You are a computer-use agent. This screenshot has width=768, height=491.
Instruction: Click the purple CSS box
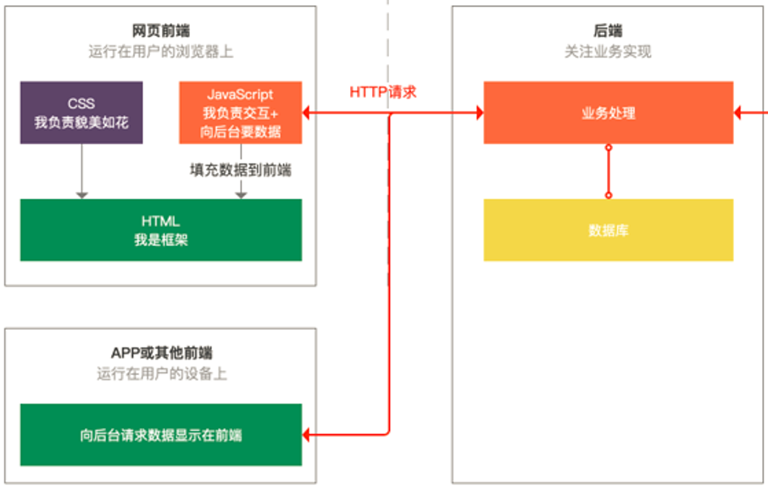(x=81, y=112)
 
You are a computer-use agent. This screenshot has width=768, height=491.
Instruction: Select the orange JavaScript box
(x=241, y=112)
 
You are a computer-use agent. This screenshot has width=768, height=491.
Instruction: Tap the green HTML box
(x=161, y=230)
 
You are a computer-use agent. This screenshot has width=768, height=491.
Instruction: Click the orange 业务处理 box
(x=608, y=113)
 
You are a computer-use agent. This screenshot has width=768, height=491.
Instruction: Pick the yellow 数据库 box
(x=608, y=230)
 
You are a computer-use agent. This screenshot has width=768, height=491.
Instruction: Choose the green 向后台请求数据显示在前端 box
(x=161, y=435)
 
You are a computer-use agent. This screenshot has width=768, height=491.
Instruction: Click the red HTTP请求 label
(x=383, y=92)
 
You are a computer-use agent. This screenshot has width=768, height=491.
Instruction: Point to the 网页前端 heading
(x=161, y=31)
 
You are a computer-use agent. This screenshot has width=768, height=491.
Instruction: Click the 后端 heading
(x=608, y=31)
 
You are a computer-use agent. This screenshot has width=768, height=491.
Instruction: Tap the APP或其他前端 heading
(x=161, y=354)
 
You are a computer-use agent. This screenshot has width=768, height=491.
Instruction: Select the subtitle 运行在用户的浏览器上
(x=161, y=52)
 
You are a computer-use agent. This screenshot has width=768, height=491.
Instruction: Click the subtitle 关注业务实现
(x=608, y=52)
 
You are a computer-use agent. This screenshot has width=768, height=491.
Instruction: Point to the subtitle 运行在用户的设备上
(x=161, y=374)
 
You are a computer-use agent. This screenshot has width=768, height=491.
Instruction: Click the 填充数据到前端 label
(x=241, y=170)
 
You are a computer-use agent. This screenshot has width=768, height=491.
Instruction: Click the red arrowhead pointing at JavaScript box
(x=309, y=113)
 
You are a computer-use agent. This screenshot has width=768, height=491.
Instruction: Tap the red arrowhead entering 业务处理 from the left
(x=478, y=113)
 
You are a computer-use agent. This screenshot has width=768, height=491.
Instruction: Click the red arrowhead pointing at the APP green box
(x=309, y=435)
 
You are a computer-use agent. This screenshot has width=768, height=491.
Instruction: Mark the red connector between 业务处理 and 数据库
(x=608, y=171)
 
